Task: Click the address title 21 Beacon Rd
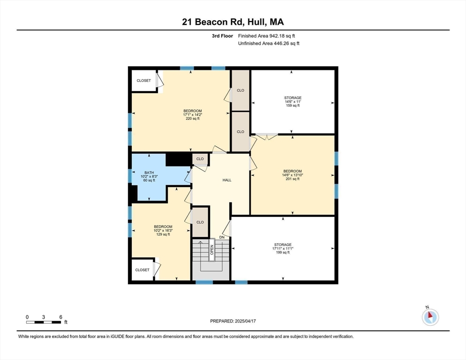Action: point(233,22)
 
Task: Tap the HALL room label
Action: point(227,180)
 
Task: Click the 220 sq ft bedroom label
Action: point(192,115)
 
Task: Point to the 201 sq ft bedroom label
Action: point(293,175)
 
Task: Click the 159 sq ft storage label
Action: point(293,102)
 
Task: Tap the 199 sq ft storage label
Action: point(283,248)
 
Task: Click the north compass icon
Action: point(429,317)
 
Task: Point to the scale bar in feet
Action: point(44,322)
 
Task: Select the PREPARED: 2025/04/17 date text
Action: point(233,321)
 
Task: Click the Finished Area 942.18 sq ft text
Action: point(267,36)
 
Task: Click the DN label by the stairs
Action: point(222,238)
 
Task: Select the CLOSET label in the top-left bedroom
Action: point(144,81)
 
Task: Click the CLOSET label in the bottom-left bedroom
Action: point(142,270)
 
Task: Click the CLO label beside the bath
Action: point(200,159)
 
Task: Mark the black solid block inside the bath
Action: point(179,159)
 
